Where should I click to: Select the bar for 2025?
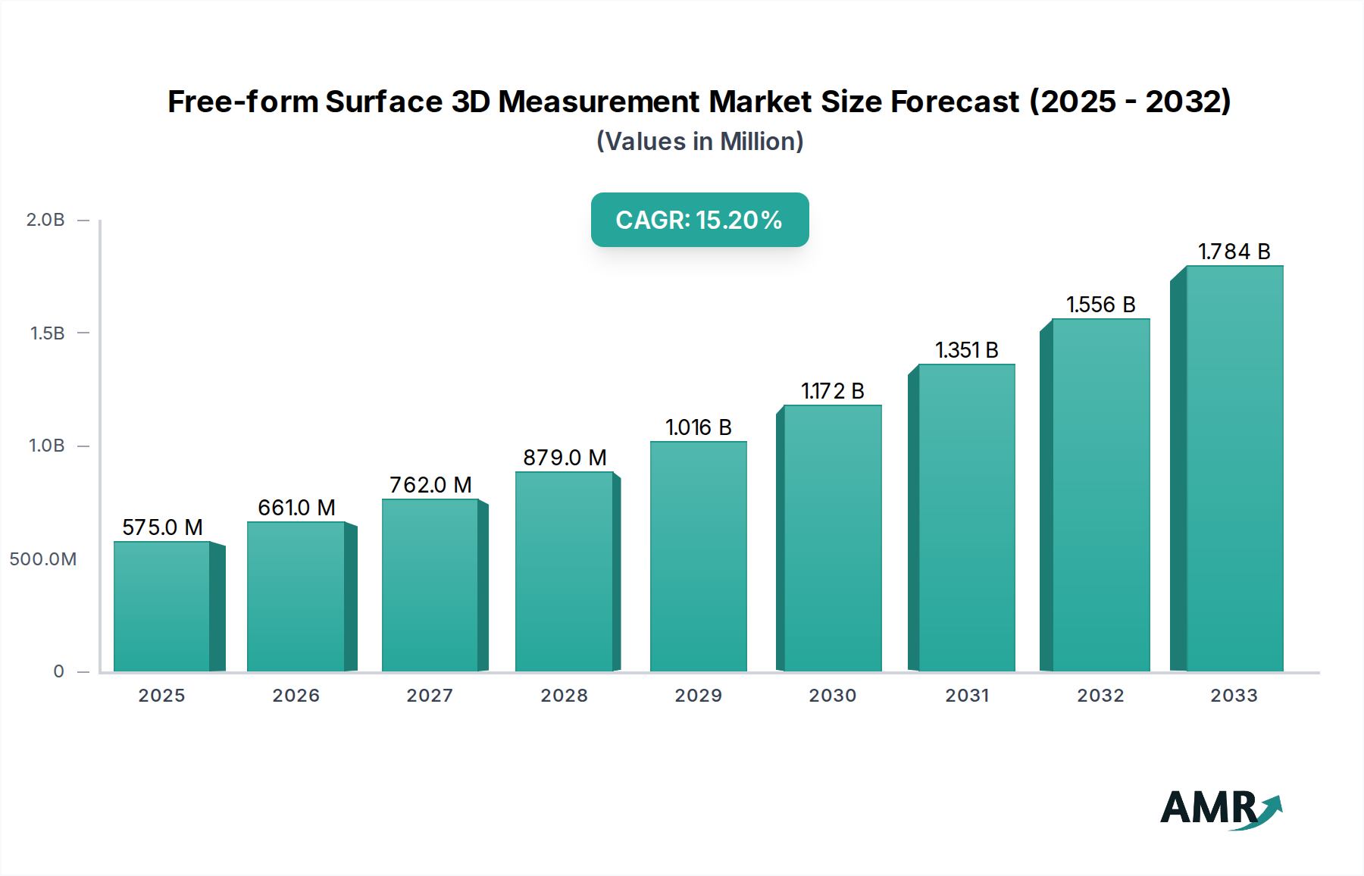[x=162, y=606]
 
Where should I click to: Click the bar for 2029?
[x=698, y=557]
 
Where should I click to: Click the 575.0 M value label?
[x=162, y=527]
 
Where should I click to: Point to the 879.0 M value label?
[x=565, y=458]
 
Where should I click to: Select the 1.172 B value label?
[x=832, y=391]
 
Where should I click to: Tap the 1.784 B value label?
[x=1234, y=252]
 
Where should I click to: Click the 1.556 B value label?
[x=1100, y=305]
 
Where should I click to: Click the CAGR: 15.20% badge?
[x=699, y=220]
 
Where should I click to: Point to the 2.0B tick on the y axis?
[x=45, y=220]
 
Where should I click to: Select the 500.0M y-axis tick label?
[x=43, y=559]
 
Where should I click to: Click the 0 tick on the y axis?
[x=58, y=671]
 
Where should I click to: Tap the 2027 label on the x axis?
[x=430, y=696]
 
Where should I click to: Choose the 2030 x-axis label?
[x=832, y=696]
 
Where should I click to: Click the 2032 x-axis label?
[x=1100, y=696]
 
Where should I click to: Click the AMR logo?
[x=1220, y=809]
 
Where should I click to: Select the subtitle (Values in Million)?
[x=699, y=142]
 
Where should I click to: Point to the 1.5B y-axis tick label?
[x=47, y=333]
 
